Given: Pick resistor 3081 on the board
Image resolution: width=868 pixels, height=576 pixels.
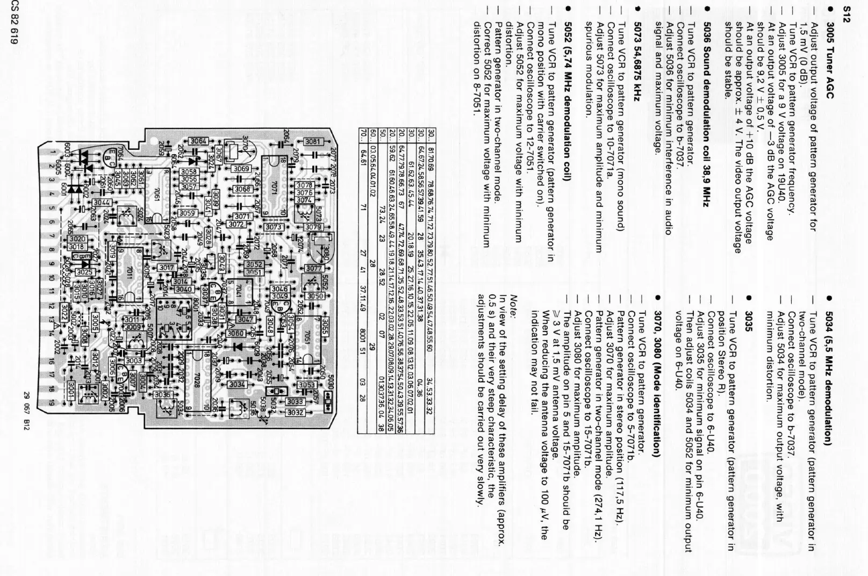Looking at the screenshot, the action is point(312,142).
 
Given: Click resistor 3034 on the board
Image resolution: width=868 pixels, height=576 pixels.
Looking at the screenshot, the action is point(237,385).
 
